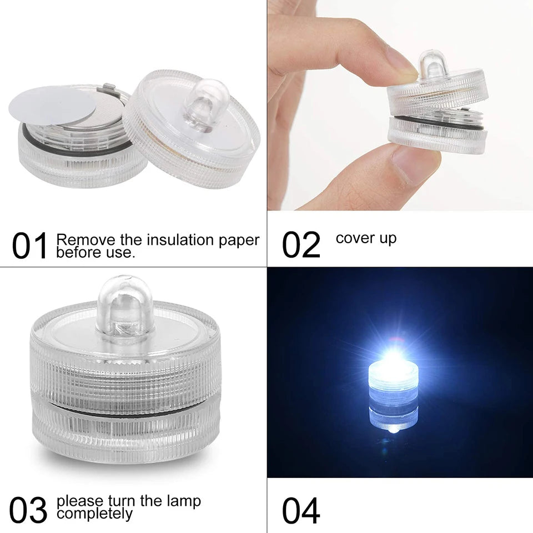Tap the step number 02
pyautogui.click(x=301, y=245)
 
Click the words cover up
pyautogui.click(x=366, y=238)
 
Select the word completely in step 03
pyautogui.click(x=95, y=514)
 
